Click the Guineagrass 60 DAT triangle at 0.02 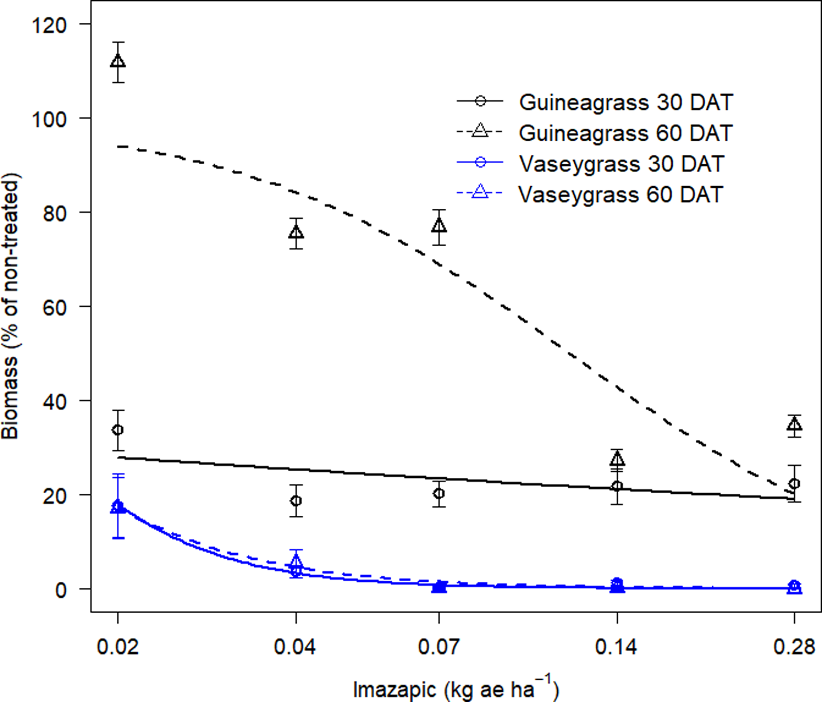118,62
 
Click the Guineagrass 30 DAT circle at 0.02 118,430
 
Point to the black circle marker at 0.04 296,501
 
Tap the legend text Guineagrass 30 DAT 626,102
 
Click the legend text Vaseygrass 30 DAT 622,164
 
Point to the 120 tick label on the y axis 49,26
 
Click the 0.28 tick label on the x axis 794,647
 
